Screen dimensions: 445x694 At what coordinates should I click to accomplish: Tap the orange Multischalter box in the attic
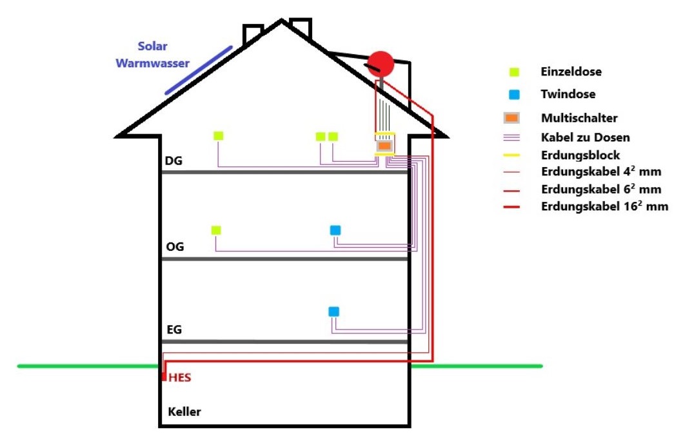click(384, 147)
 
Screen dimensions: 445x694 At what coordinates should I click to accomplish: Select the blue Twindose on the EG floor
click(333, 311)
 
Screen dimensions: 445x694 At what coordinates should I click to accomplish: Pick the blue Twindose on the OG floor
click(335, 230)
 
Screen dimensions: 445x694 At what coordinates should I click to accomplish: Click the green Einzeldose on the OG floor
click(217, 230)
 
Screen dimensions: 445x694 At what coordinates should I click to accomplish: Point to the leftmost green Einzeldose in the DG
click(219, 135)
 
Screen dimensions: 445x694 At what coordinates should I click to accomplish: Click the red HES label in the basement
click(179, 378)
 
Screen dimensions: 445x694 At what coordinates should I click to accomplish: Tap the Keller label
click(184, 411)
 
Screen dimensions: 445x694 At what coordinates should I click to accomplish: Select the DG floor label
click(173, 161)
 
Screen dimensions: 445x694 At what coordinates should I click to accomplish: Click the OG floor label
click(174, 247)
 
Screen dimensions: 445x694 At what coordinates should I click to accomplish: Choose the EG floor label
click(174, 330)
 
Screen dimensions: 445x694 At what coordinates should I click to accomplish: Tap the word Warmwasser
click(153, 63)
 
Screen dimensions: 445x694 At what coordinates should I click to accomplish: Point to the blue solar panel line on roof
click(199, 70)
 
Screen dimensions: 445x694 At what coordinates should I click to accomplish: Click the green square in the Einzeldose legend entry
click(514, 72)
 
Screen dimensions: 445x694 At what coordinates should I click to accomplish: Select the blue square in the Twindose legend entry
click(514, 95)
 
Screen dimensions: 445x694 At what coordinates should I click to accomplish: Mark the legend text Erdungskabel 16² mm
click(604, 207)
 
